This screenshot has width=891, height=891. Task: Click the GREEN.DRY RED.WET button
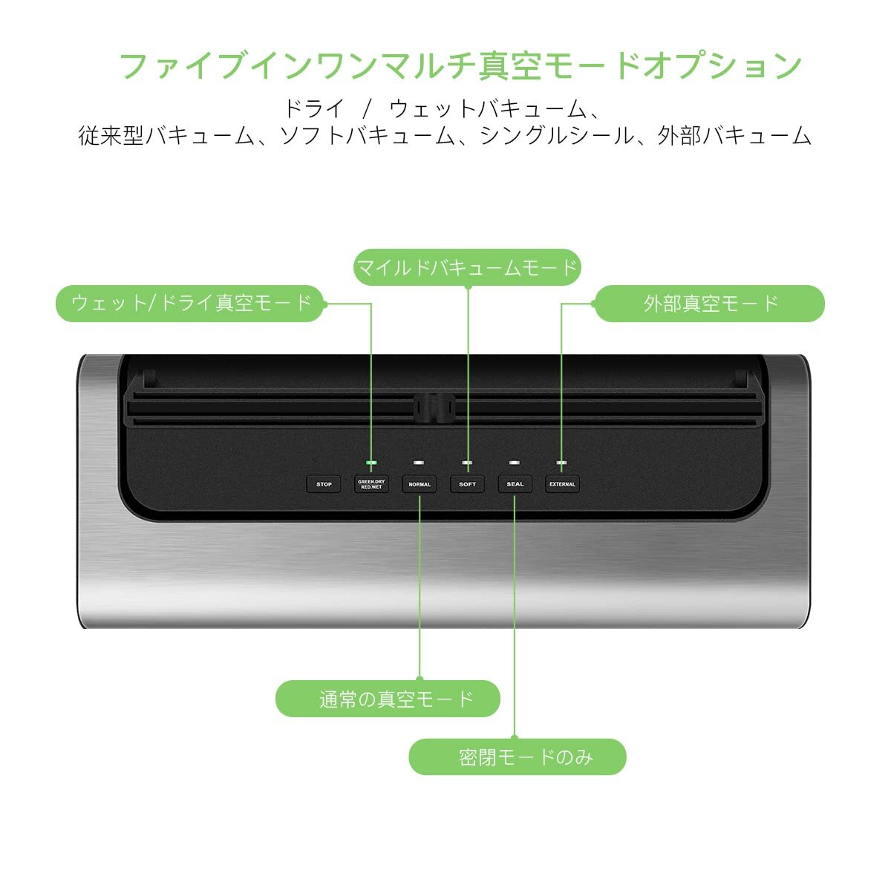371,484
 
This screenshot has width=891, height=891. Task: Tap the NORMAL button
420,484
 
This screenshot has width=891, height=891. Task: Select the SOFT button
468,484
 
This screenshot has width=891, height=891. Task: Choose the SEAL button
515,484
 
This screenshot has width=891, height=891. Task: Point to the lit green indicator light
371,463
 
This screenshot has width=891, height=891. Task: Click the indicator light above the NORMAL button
420,463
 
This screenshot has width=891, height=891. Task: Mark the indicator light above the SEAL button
515,463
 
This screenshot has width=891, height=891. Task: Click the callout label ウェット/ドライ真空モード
190,303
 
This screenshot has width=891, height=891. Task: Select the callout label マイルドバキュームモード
467,267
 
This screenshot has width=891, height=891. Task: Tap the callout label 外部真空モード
710,303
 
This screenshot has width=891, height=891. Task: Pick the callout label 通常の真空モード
388,699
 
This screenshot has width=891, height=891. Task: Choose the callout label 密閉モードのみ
518,757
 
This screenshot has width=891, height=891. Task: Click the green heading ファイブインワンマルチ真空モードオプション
460,65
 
